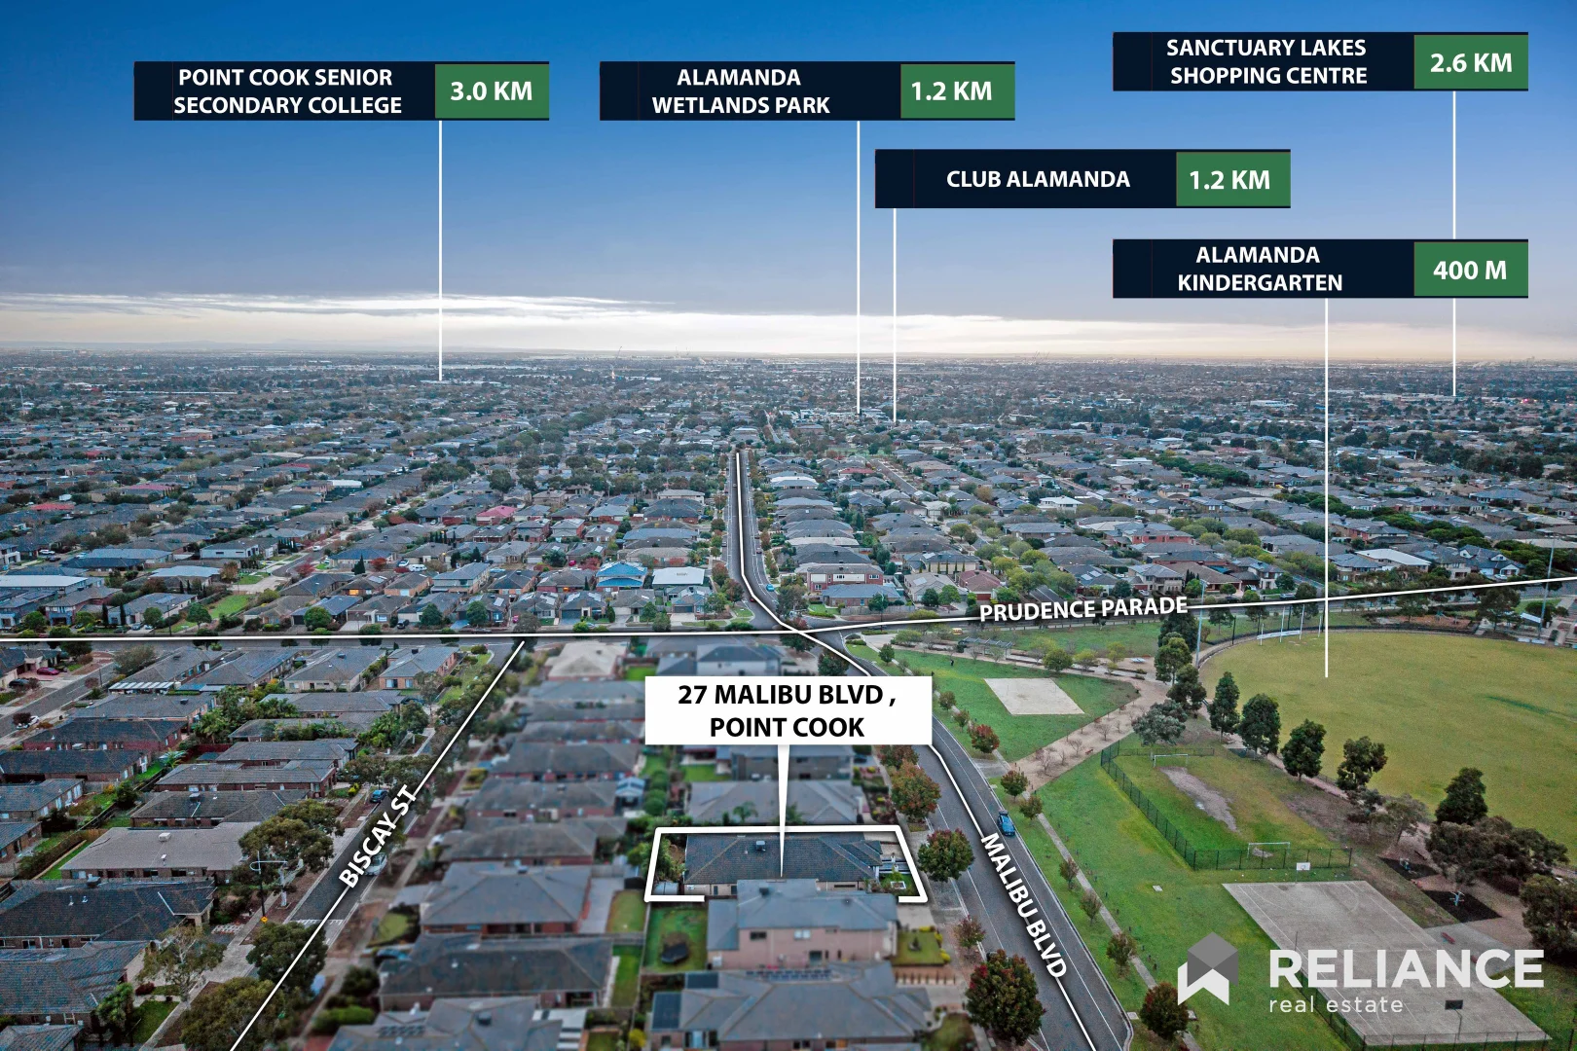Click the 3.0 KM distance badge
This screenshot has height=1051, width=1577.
492,91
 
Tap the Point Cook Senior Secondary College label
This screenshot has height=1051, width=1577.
287,91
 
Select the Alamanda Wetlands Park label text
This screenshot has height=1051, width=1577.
740,91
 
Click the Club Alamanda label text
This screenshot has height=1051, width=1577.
1038,179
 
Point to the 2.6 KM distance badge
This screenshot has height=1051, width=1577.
1471,62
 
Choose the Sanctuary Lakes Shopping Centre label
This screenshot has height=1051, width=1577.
1266,62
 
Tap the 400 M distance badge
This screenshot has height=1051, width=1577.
1471,269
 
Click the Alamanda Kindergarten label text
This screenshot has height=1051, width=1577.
1260,269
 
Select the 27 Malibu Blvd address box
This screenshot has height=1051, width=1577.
788,710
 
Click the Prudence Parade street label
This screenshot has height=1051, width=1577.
1083,608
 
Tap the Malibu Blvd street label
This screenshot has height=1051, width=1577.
1023,904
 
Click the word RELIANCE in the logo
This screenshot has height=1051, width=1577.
1406,968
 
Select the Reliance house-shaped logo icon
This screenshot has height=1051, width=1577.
1208,969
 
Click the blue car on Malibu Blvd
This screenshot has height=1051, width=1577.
1006,822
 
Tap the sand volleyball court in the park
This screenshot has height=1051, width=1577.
1034,696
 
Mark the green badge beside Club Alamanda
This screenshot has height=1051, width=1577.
1232,179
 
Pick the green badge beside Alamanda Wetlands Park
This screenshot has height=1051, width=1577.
957,91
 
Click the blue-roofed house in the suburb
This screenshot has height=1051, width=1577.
621,575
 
